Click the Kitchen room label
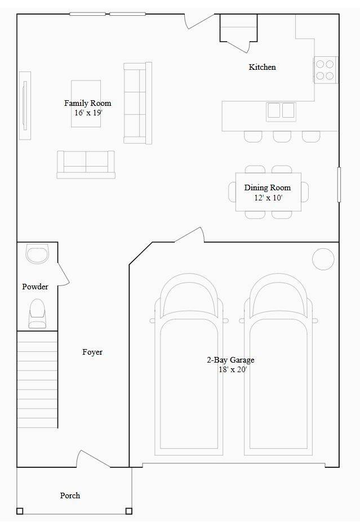pos(263,67)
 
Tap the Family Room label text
pos(87,103)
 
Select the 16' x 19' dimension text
pos(88,113)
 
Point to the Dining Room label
pos(268,188)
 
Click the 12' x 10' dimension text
pos(268,198)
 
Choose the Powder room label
pos(35,287)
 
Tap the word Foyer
pos(92,352)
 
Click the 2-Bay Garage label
pos(230,360)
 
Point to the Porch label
pos(70,495)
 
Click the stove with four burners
pos(325,70)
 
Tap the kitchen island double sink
pos(281,110)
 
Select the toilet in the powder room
pos(37,313)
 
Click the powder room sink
pos(38,254)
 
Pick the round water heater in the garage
pos(323,258)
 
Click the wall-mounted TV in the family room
pos(24,105)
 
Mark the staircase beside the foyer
pos(37,379)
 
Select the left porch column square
pos(20,511)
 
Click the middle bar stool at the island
pos(282,136)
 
